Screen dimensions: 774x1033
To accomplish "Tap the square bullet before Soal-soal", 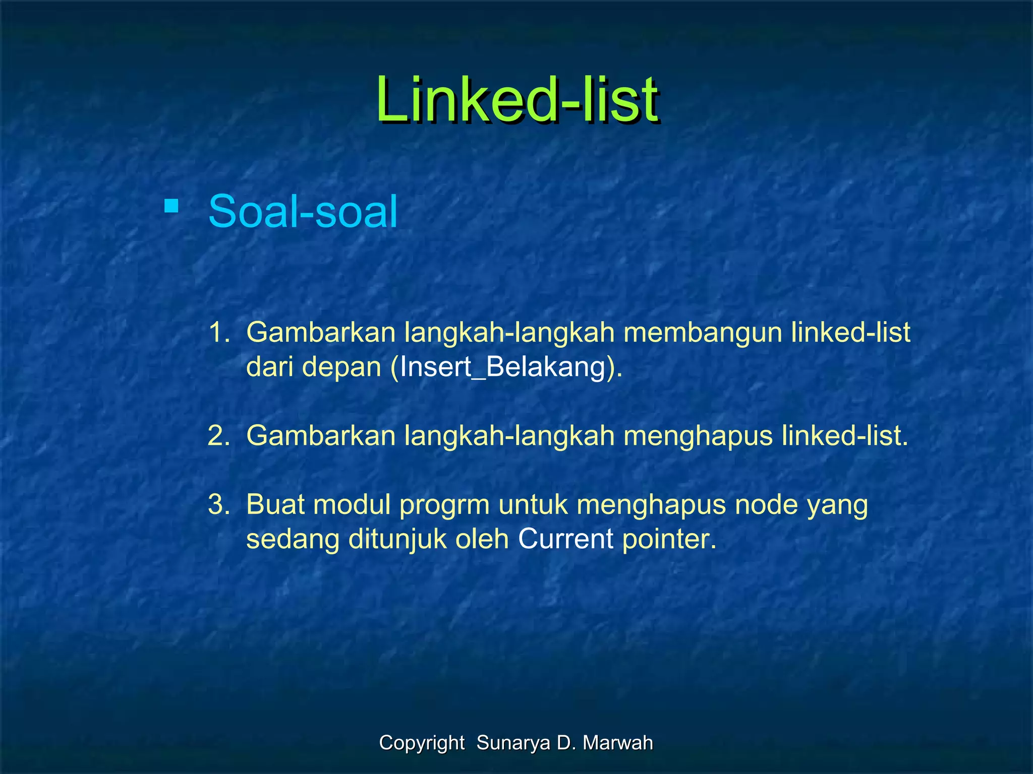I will click(x=171, y=207).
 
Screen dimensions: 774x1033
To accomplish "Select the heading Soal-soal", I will click(x=303, y=212).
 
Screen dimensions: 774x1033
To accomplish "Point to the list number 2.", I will click(x=218, y=435).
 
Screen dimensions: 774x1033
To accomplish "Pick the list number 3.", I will click(x=218, y=504).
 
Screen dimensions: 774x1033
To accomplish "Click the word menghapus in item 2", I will click(x=698, y=435).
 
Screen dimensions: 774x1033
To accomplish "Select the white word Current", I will click(x=565, y=539).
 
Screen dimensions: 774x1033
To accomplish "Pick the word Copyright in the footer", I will click(x=422, y=743).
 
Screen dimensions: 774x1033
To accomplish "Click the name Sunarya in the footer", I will click(x=513, y=743).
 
